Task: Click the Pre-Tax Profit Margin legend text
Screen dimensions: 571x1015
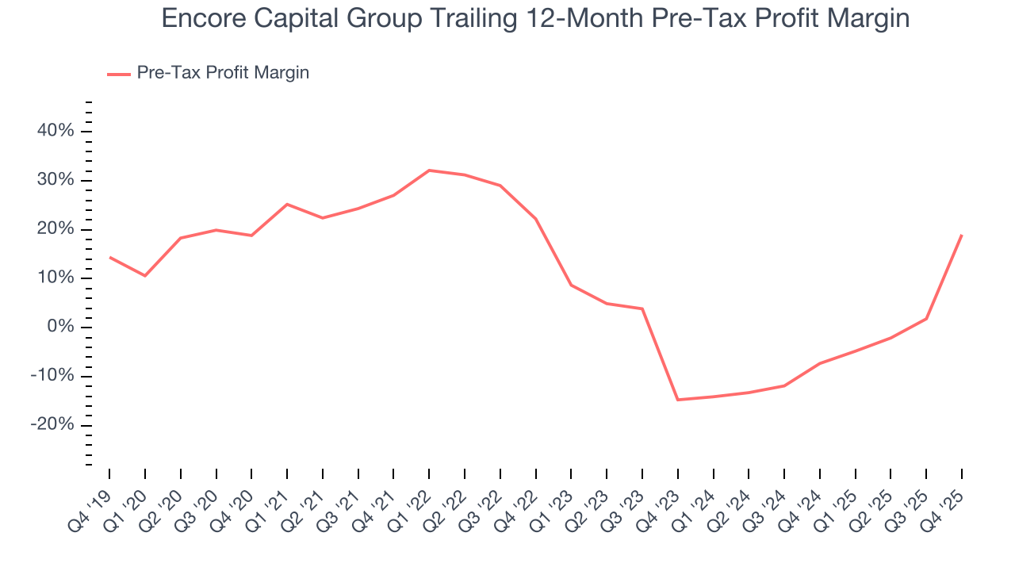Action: pos(223,73)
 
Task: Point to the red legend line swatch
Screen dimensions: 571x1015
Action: pos(118,74)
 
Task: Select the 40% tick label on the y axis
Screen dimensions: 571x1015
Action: pos(56,131)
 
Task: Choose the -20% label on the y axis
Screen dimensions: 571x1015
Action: pos(52,425)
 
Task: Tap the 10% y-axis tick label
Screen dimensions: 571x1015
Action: pos(56,278)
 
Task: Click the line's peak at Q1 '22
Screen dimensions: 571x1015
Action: pos(429,171)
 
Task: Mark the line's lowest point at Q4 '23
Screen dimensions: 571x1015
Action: pos(678,400)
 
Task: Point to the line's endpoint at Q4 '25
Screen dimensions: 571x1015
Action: pos(962,235)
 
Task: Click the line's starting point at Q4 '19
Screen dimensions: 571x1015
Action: pos(109,257)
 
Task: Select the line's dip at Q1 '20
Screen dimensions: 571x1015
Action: pos(145,276)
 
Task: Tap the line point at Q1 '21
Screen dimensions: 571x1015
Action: pos(287,204)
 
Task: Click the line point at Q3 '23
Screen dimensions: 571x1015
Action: pos(642,308)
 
